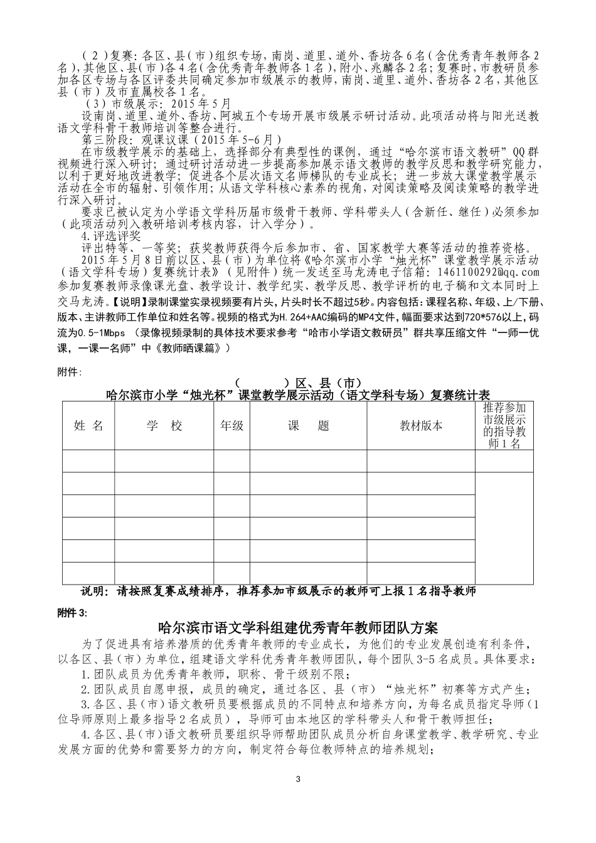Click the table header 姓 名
88,426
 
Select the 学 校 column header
164,426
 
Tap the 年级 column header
231,426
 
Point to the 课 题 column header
309,426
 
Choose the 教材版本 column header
421,426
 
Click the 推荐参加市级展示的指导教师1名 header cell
504,426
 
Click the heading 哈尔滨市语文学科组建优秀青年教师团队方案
298,627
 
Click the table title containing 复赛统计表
297,395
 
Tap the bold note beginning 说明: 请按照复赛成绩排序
279,591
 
